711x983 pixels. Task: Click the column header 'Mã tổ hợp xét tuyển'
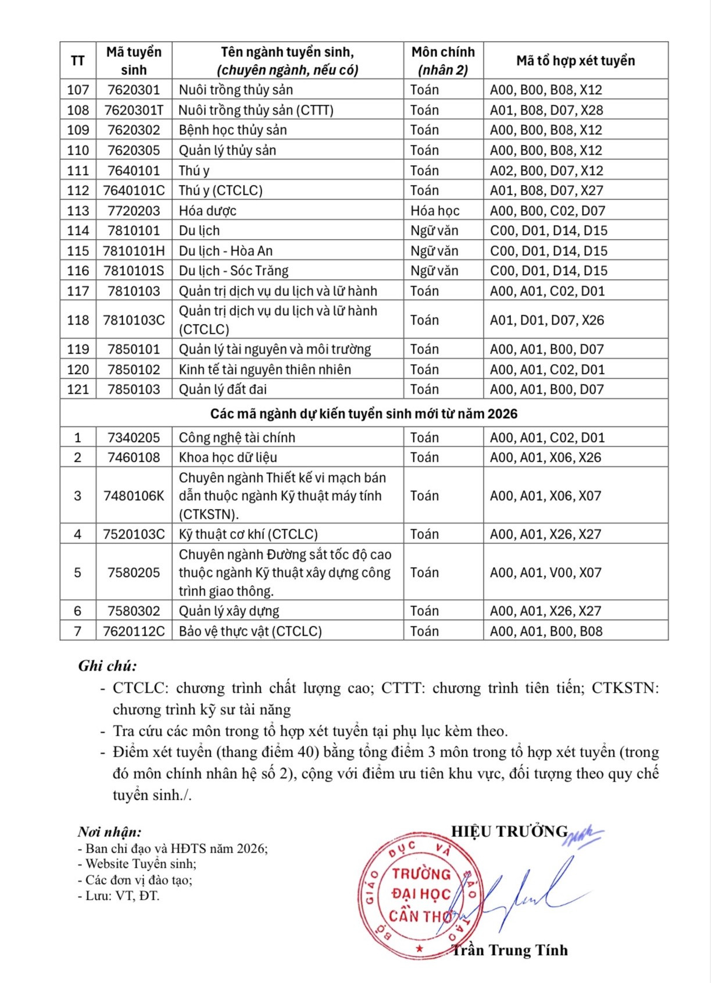coord(575,60)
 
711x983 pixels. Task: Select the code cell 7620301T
coord(134,110)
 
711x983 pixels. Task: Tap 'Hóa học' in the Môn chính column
coord(434,211)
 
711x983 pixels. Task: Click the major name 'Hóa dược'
coord(208,211)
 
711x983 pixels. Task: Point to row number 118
coord(78,320)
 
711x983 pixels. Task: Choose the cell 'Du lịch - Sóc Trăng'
coord(233,270)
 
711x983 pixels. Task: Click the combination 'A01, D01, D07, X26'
coord(546,320)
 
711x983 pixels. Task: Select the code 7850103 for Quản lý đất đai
coord(134,389)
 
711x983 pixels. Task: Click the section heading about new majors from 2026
coord(363,414)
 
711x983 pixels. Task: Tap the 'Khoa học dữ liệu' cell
coord(227,457)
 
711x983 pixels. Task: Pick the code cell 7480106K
coord(134,496)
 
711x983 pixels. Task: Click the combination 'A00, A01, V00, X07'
coord(545,572)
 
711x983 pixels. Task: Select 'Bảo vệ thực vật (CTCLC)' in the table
coord(250,631)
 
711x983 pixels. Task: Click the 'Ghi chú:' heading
coord(108,666)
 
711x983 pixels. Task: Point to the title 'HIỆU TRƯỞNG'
coord(509,831)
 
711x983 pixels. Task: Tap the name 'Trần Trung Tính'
coord(510,950)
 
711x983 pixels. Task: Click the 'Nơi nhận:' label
coord(109,832)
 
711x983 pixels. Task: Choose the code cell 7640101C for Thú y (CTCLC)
coord(134,190)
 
